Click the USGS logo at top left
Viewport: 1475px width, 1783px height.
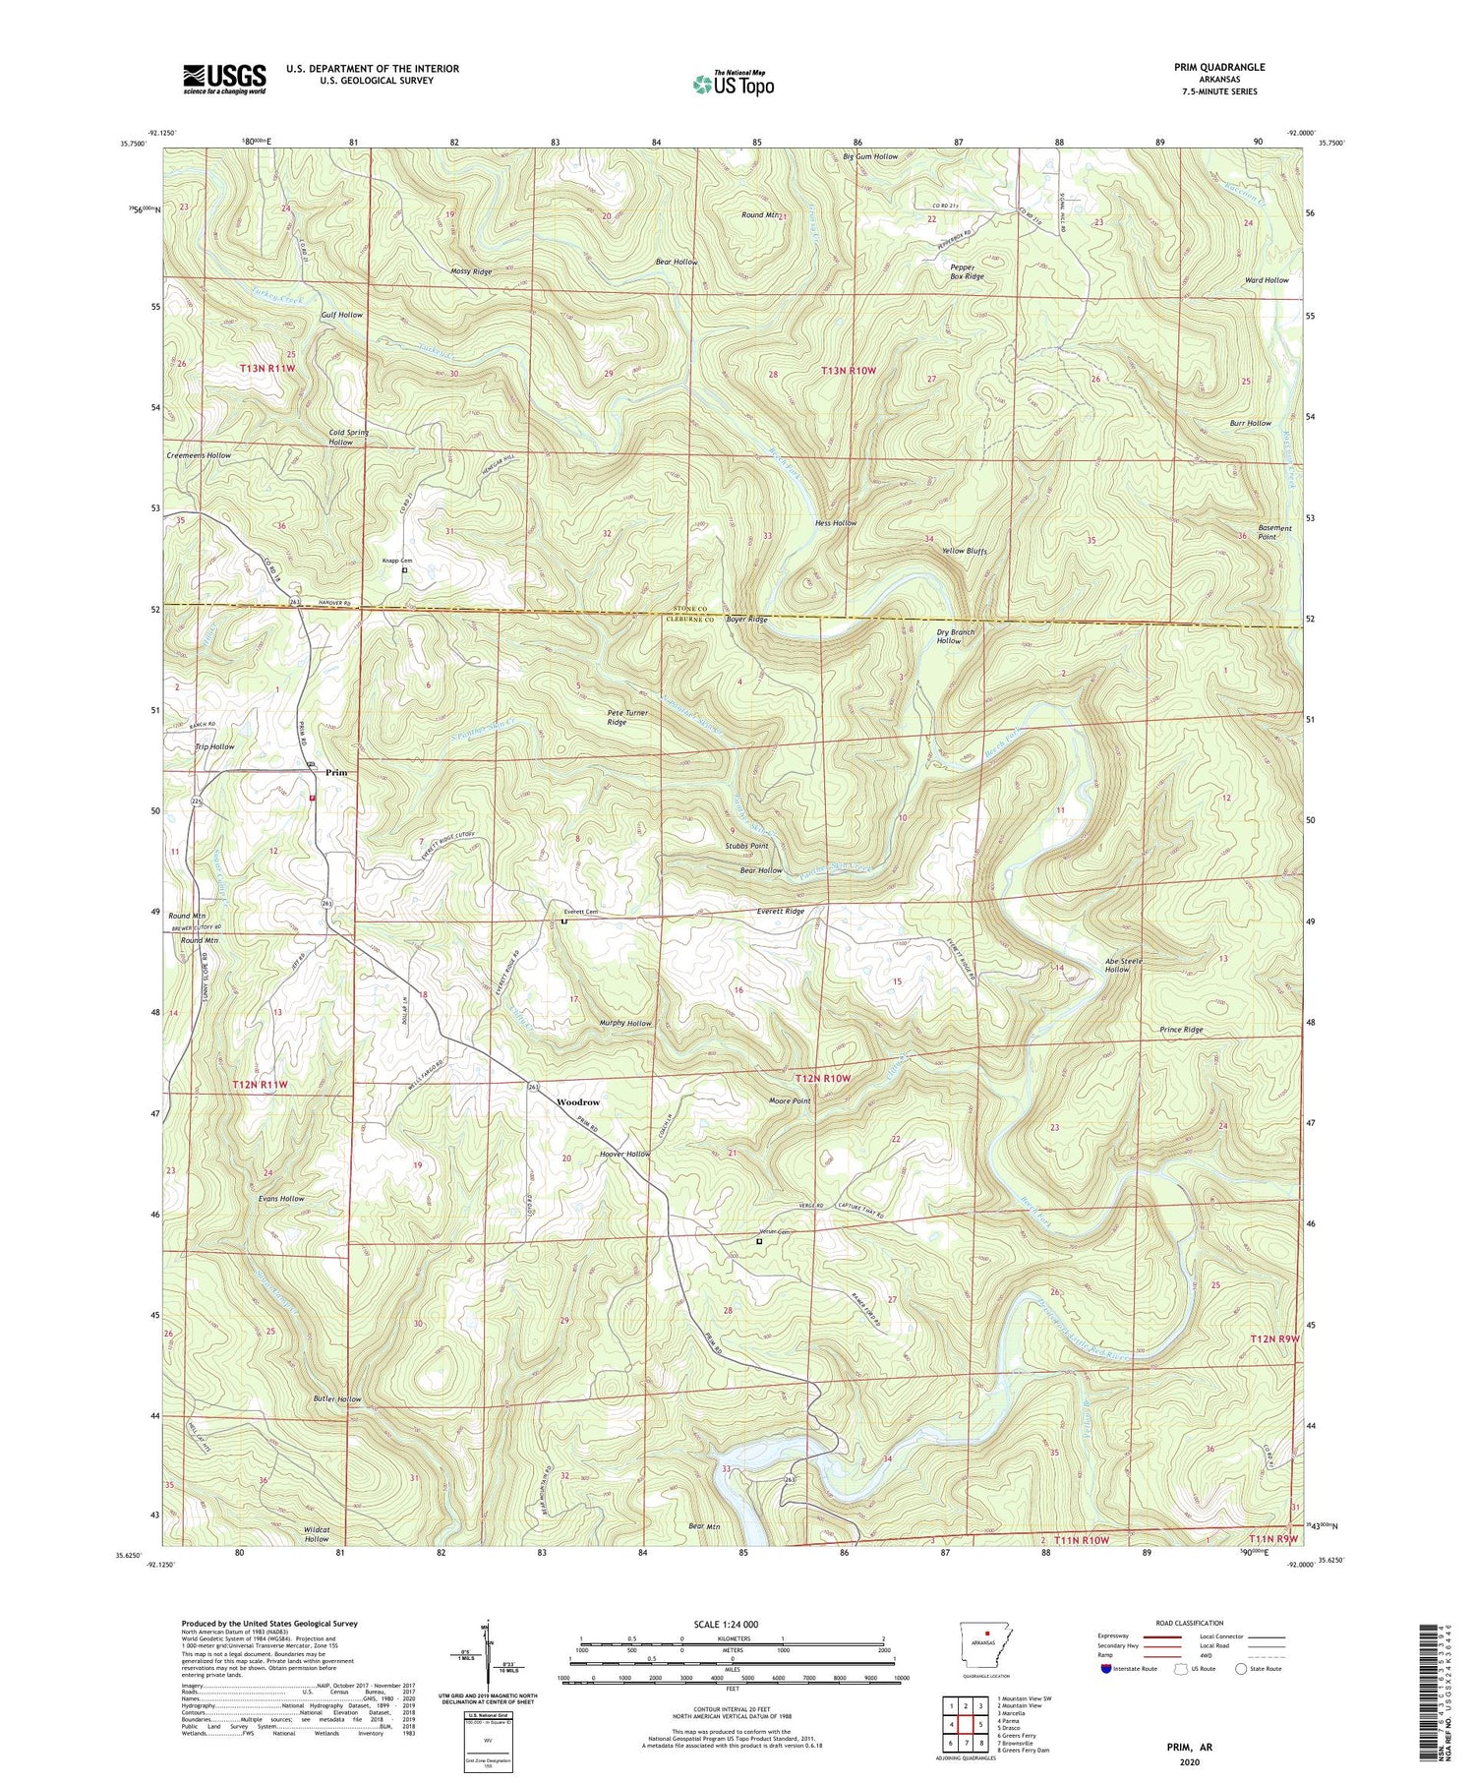(224, 79)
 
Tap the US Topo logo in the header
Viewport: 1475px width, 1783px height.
(733, 84)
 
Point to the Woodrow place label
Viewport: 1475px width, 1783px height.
(577, 1102)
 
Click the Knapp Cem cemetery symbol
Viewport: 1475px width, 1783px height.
(404, 569)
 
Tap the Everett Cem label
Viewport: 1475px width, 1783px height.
(580, 912)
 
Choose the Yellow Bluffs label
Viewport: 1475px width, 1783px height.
(964, 551)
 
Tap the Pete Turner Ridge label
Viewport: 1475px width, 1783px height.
(630, 716)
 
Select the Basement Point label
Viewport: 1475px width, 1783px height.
(1274, 532)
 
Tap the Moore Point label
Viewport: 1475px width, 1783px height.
(790, 1100)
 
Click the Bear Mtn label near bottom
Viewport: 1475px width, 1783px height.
(704, 1525)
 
